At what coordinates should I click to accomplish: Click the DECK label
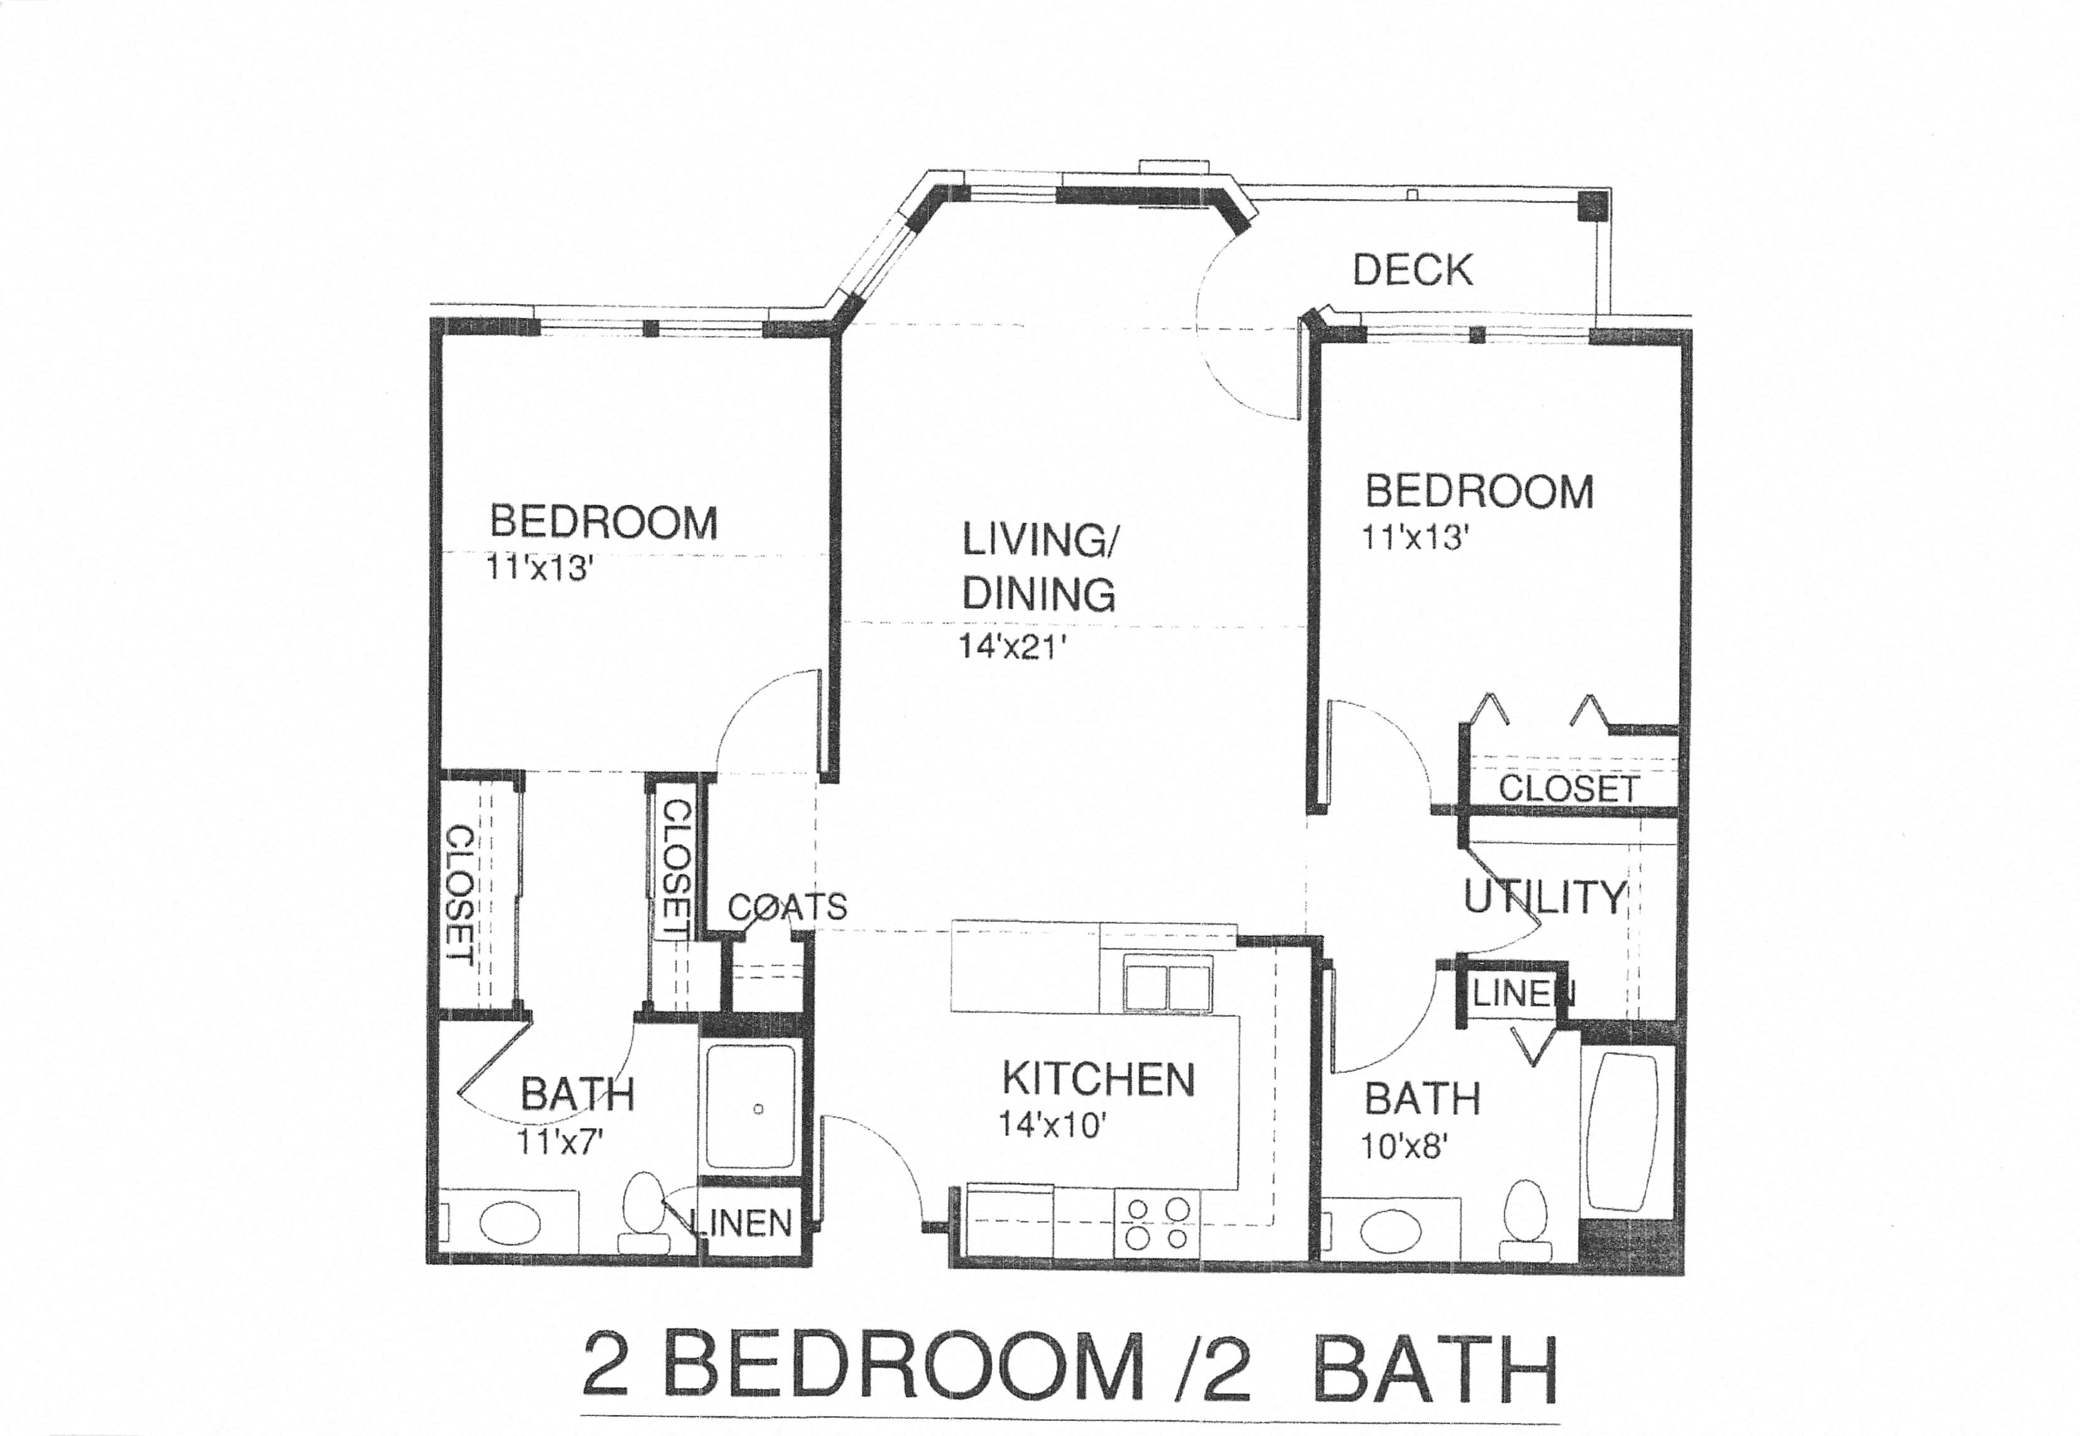click(1412, 270)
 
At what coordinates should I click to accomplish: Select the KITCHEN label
click(1097, 1079)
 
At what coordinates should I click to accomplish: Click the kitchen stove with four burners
click(1157, 1224)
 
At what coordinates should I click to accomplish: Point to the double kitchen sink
click(1167, 988)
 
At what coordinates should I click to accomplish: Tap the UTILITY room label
click(1545, 897)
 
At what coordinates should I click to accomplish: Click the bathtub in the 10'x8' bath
click(1623, 1134)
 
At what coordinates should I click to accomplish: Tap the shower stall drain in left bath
click(758, 1109)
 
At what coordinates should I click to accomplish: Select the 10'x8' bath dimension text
click(1403, 1147)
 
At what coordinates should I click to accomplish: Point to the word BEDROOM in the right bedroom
click(1479, 491)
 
